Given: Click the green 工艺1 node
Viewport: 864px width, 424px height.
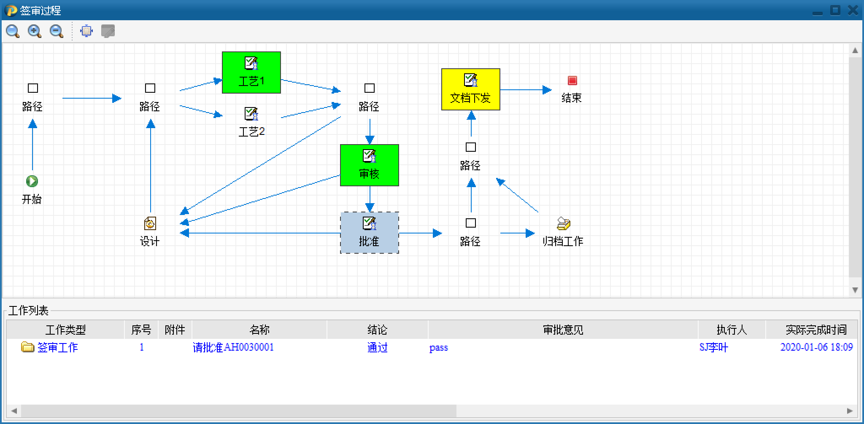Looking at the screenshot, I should click(251, 72).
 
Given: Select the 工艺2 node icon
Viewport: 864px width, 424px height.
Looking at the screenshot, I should click(251, 114).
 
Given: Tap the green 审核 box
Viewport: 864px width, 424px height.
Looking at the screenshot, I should click(370, 165).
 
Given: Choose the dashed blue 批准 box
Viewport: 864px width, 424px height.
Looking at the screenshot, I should click(370, 233).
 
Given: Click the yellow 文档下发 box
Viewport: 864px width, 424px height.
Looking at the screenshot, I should click(471, 89).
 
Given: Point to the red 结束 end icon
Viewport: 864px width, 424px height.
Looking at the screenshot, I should click(572, 81).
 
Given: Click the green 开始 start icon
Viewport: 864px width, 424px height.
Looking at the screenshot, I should click(32, 181).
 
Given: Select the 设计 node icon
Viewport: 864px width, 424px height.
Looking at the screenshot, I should click(150, 223).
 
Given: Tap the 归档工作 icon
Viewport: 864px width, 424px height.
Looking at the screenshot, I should click(564, 223).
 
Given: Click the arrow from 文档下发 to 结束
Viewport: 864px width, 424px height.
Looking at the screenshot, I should click(526, 90).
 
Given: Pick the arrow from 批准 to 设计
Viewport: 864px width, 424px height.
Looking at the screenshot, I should click(262, 233).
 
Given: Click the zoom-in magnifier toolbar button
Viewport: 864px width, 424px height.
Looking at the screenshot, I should click(35, 31).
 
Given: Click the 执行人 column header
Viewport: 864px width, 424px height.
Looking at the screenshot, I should click(732, 330).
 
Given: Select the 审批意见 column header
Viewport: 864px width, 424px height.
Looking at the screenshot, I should click(563, 330).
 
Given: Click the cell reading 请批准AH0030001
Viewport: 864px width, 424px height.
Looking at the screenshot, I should click(233, 347).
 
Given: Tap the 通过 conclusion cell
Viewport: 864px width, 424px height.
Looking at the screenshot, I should click(377, 347).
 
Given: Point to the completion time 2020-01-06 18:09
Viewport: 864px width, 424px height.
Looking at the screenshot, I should click(816, 347).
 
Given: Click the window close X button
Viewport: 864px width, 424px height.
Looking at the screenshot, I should click(853, 11).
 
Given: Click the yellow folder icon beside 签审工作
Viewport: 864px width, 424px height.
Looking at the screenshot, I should click(27, 347).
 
